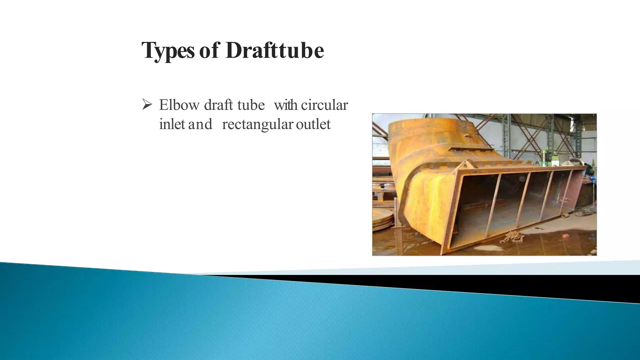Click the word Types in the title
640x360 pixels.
point(168,51)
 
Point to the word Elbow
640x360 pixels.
point(179,105)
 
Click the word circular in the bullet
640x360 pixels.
point(324,105)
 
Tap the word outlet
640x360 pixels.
point(313,124)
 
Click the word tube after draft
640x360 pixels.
point(251,105)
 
